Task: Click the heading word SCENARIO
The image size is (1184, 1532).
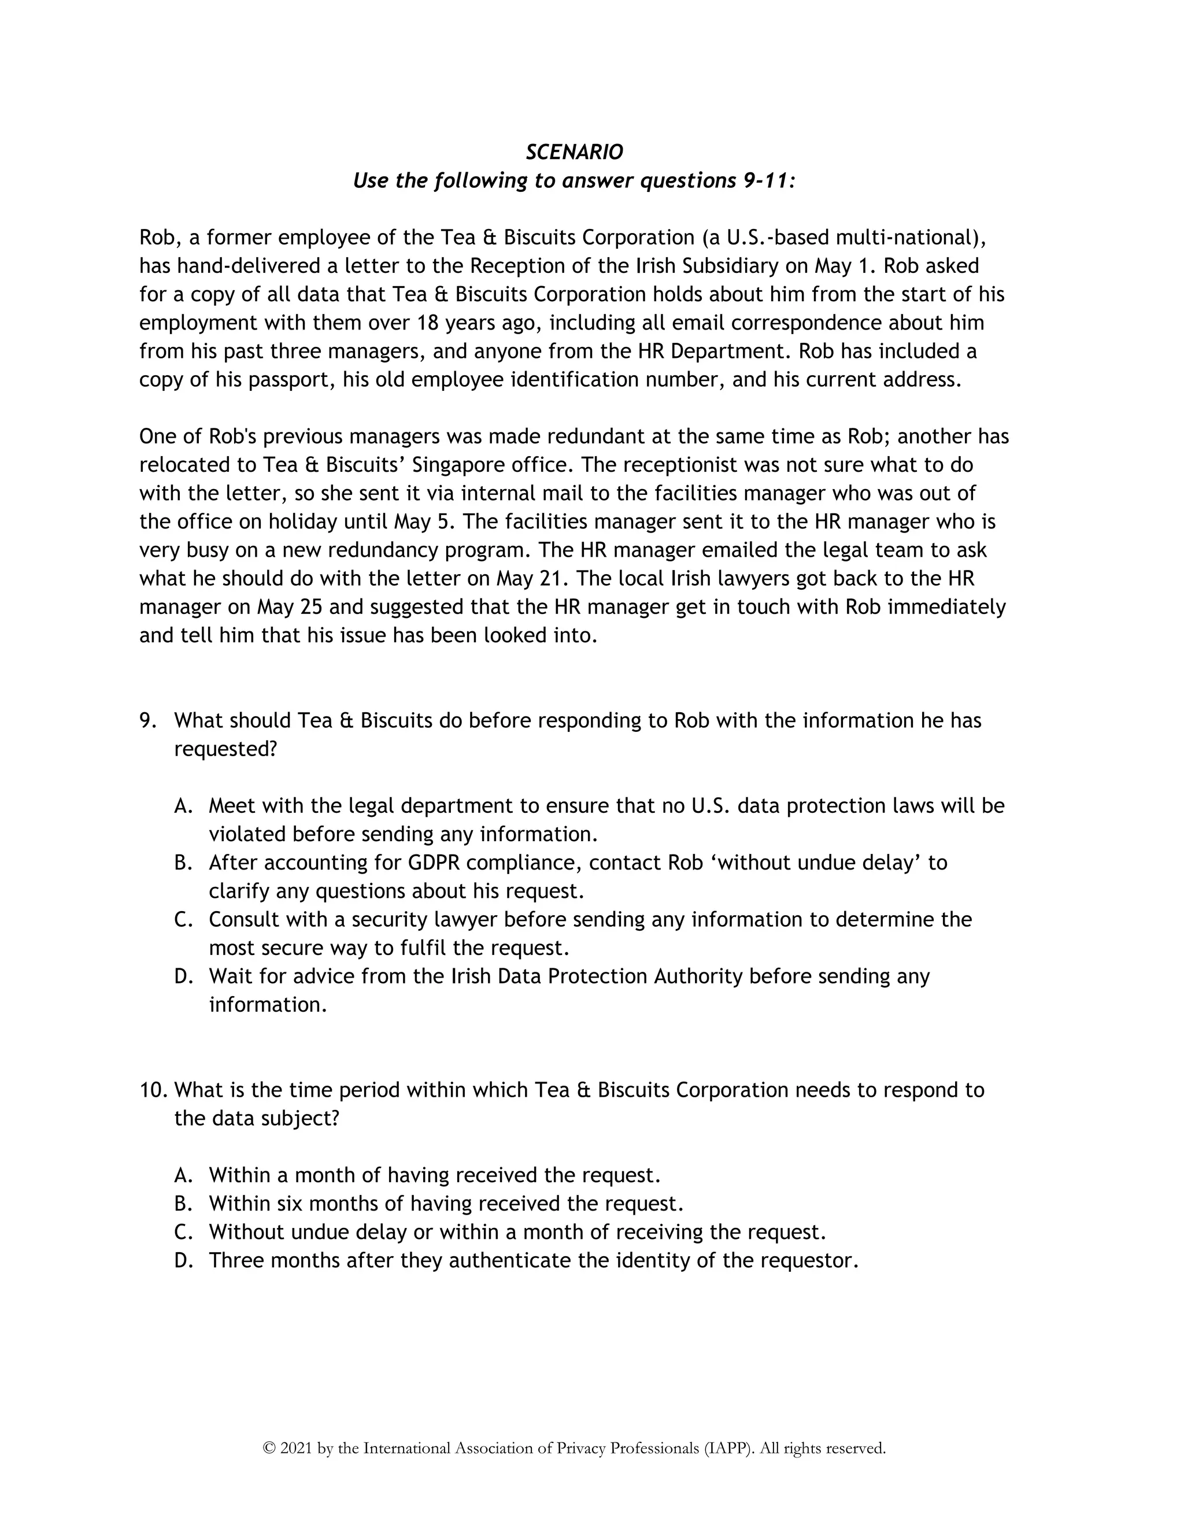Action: pyautogui.click(x=573, y=152)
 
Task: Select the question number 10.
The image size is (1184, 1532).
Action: pyautogui.click(x=152, y=1090)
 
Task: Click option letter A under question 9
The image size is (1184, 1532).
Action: pyautogui.click(x=183, y=806)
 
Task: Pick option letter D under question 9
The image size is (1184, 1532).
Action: pyautogui.click(x=183, y=976)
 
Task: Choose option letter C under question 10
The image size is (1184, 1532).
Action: pyautogui.click(x=183, y=1233)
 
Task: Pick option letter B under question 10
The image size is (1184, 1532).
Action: pyautogui.click(x=183, y=1204)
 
